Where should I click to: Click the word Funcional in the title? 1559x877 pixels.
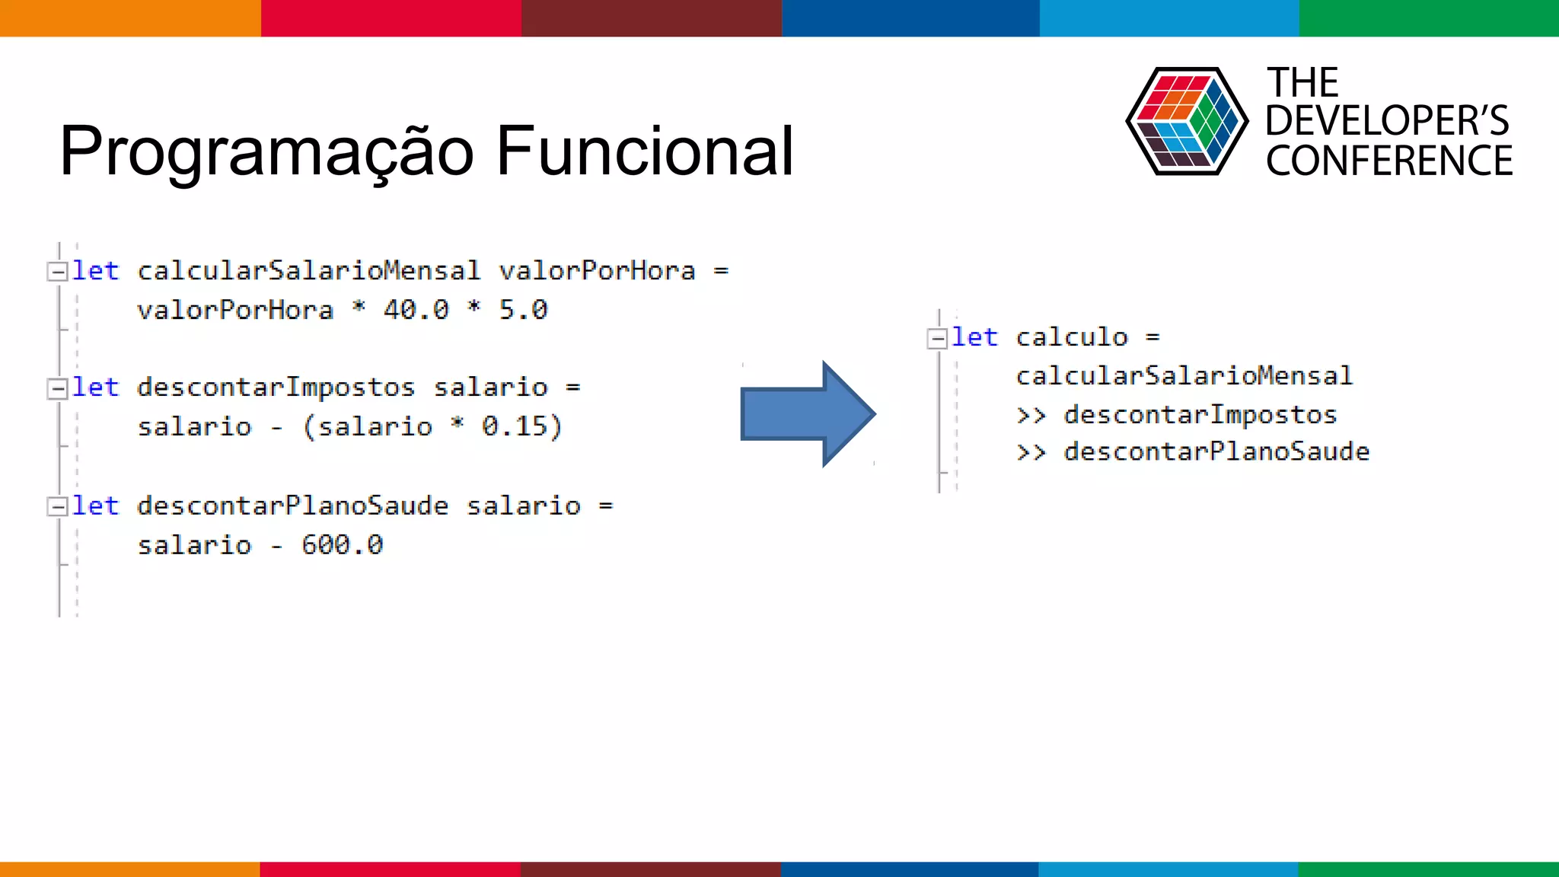[645, 151]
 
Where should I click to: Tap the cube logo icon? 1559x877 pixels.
[1186, 121]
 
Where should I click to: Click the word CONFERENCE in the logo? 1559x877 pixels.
[1388, 161]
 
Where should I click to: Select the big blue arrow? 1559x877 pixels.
[807, 413]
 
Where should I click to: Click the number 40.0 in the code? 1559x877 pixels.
[416, 310]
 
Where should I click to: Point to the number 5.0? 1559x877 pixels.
[523, 310]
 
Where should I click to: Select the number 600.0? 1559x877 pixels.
[342, 545]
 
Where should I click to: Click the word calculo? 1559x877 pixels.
[1071, 337]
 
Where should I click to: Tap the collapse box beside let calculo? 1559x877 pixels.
[937, 338]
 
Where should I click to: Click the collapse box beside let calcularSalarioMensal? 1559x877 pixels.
[57, 272]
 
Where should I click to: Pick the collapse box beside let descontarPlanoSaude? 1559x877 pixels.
[57, 507]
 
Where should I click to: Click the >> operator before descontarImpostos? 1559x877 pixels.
[1031, 416]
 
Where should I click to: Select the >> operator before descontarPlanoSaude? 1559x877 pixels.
[1031, 453]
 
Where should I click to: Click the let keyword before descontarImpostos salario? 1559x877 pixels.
[95, 387]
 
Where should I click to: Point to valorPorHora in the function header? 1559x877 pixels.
[597, 271]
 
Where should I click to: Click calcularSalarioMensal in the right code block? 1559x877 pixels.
[1184, 376]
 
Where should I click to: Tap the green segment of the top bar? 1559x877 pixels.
[1429, 18]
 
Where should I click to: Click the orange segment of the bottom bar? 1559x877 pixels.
[129, 869]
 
